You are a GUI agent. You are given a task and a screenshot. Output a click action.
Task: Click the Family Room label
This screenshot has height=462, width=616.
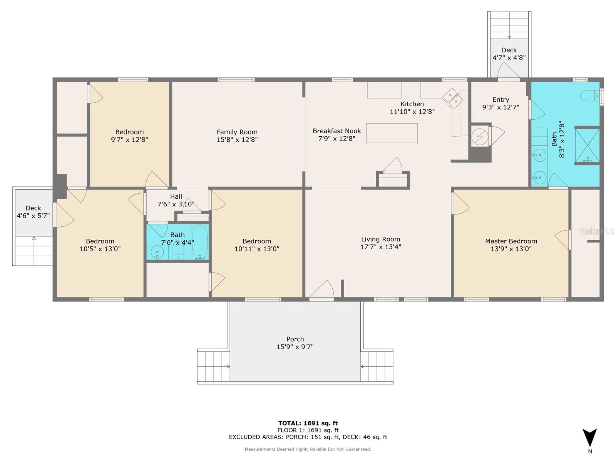(x=237, y=132)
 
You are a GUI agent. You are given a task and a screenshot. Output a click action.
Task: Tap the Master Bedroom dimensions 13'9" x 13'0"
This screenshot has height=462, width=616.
(x=511, y=249)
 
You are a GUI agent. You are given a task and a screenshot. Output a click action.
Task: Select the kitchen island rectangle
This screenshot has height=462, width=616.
(x=392, y=133)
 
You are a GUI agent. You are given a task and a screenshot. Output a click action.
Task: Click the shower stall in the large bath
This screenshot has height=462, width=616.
(x=587, y=145)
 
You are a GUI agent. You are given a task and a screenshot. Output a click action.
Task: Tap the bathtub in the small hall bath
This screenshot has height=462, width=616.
(x=199, y=242)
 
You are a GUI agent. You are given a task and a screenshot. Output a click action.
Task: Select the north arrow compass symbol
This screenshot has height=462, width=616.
(x=589, y=438)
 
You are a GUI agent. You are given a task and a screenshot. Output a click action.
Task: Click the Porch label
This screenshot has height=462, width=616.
(x=295, y=339)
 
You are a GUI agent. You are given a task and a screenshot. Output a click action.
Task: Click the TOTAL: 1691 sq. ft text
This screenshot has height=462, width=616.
(x=308, y=423)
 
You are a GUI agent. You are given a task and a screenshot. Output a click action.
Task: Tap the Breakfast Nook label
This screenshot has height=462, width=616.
(x=336, y=131)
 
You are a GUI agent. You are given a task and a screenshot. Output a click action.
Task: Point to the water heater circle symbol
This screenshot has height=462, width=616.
(x=480, y=137)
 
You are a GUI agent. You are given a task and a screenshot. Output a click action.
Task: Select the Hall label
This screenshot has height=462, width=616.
(x=176, y=197)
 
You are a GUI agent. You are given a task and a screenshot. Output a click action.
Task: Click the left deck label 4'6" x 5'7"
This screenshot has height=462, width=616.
(x=33, y=216)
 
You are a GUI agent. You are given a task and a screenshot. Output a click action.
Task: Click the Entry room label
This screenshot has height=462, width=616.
(x=500, y=100)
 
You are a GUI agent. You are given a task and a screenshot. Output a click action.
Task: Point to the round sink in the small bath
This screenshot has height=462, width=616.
(x=157, y=253)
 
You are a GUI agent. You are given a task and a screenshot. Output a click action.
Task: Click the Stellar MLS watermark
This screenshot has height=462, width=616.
(x=596, y=231)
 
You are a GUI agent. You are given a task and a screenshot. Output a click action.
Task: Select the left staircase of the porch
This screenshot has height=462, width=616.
(x=213, y=366)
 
